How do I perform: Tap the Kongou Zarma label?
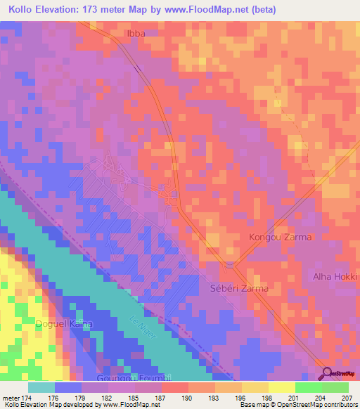[281, 238]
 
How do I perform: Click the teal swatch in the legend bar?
[41, 387]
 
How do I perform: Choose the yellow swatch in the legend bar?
[282, 387]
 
